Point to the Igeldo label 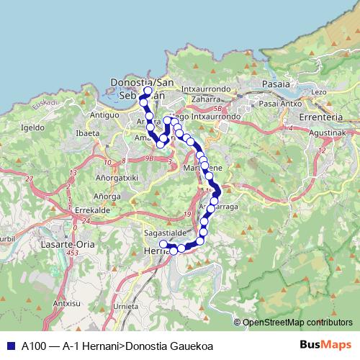(x=33, y=127)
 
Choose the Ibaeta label (x=87, y=133)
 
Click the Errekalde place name (x=91, y=210)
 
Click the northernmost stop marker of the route (x=148, y=91)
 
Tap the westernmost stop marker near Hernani (x=163, y=245)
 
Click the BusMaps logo (x=324, y=345)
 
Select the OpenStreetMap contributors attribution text (x=297, y=323)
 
